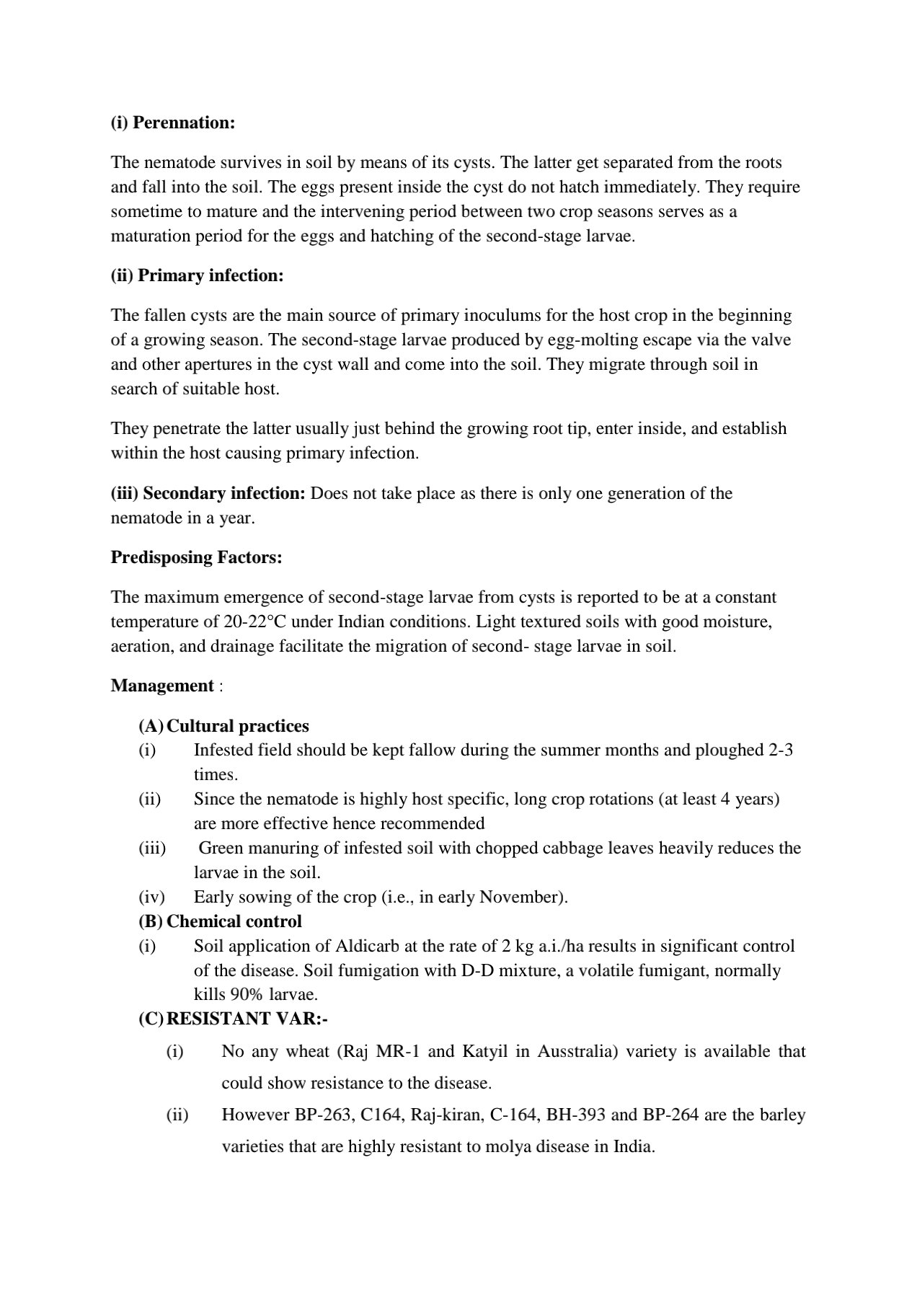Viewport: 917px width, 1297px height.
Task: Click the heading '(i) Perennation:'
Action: pos(173,123)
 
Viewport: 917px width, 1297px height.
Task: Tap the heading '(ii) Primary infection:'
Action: pos(197,275)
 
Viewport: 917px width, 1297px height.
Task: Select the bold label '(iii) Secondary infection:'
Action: pos(208,493)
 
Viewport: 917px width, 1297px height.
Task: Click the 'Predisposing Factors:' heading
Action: pos(196,557)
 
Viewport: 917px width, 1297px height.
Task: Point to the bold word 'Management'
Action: pos(162,686)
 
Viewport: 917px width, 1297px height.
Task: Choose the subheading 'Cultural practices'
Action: pos(238,725)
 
